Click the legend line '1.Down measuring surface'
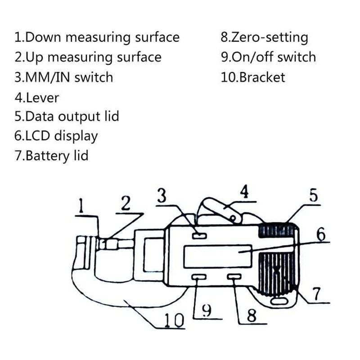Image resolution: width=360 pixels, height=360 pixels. point(97,37)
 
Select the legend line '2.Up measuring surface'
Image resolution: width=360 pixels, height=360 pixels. point(88,57)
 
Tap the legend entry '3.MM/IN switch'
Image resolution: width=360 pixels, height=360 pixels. point(63,77)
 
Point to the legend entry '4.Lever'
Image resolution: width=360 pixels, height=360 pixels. point(36,97)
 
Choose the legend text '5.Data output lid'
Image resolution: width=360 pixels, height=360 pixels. point(67,116)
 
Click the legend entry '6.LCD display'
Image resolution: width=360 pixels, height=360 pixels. point(56,136)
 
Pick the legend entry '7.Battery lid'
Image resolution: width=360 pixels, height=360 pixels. point(51,156)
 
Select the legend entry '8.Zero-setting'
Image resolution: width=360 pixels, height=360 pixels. point(264,37)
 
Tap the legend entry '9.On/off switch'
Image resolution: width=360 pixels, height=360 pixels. point(268,57)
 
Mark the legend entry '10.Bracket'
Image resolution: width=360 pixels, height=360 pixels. point(252,77)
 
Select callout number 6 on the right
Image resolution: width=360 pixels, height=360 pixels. point(320,234)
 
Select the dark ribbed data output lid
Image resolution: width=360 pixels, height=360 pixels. point(277,231)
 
